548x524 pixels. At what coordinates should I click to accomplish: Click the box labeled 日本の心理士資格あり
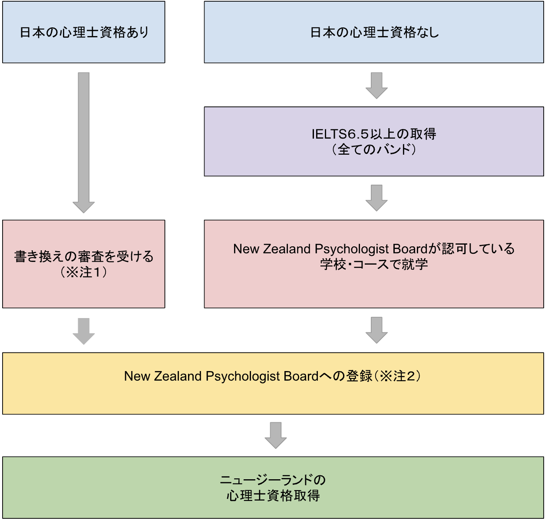point(83,32)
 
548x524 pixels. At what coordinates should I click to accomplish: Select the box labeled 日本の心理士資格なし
point(373,32)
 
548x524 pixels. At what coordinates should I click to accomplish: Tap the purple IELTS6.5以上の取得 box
point(373,141)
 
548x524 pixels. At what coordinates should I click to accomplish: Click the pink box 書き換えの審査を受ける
point(83,264)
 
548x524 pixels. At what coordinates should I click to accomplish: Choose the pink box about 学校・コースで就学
point(373,264)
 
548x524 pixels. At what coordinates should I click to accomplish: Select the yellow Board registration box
point(273,383)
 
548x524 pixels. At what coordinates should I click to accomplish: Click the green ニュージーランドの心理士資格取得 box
point(273,487)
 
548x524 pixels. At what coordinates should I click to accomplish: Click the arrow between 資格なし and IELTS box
point(376,85)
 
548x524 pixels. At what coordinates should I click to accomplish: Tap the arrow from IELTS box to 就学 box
point(376,198)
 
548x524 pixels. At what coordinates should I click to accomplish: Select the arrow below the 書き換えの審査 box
point(83,331)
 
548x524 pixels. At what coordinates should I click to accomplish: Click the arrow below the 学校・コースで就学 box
point(376,330)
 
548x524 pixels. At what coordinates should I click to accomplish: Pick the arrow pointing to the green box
point(275,435)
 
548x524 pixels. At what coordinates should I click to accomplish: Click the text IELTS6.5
point(340,134)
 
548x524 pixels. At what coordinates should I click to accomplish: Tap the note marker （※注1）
point(83,272)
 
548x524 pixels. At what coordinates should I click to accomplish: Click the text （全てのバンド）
point(373,149)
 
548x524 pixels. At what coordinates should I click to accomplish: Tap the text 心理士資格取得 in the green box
point(273,495)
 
